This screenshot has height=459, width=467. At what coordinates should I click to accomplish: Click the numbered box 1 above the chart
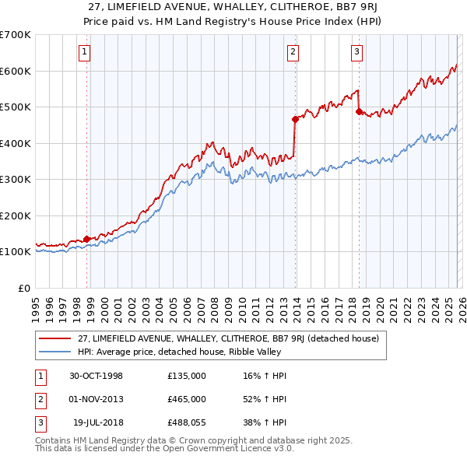pyautogui.click(x=84, y=53)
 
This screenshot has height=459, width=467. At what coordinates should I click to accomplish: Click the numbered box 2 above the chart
pyautogui.click(x=293, y=53)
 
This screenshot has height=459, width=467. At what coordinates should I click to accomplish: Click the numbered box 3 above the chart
pyautogui.click(x=356, y=53)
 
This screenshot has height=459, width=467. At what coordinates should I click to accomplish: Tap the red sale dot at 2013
pyautogui.click(x=295, y=119)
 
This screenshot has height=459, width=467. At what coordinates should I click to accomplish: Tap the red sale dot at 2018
pyautogui.click(x=359, y=111)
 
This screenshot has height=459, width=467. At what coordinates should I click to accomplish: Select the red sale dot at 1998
pyautogui.click(x=87, y=239)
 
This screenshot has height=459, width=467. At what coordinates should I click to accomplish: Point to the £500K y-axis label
pyautogui.click(x=15, y=107)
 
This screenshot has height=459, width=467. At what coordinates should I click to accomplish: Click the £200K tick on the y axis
pyautogui.click(x=15, y=215)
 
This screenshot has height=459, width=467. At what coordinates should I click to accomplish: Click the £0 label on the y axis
pyautogui.click(x=23, y=288)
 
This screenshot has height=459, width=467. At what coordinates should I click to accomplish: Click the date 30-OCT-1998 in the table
pyautogui.click(x=96, y=376)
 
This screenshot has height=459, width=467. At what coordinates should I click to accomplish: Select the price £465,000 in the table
pyautogui.click(x=187, y=399)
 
